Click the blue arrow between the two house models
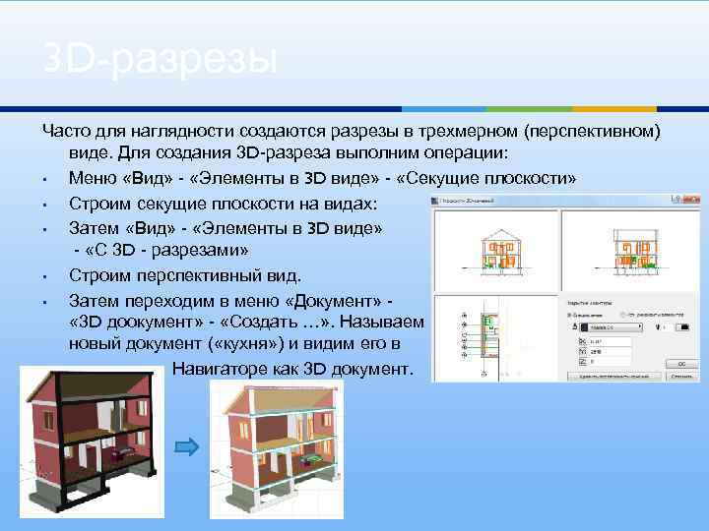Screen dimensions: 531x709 [189, 447]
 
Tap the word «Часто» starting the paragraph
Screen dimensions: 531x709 [68, 131]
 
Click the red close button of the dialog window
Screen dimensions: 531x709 [690, 202]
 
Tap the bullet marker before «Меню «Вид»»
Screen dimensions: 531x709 [46, 179]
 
